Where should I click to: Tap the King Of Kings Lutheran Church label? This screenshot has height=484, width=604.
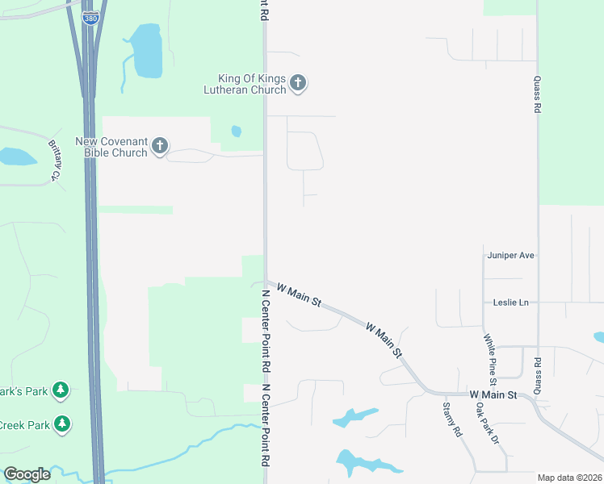click(x=251, y=84)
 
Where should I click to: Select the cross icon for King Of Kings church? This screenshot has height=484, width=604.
click(x=298, y=82)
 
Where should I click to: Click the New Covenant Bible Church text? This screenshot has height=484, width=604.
click(x=111, y=147)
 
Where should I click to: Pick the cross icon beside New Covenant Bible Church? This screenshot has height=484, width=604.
click(x=159, y=146)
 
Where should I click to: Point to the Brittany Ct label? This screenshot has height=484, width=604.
click(x=55, y=160)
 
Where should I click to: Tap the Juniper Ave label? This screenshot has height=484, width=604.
click(x=510, y=255)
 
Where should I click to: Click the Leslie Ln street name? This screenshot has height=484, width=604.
click(x=510, y=302)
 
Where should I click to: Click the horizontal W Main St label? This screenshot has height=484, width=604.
click(x=493, y=394)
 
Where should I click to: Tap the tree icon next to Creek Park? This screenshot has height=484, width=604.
click(x=61, y=423)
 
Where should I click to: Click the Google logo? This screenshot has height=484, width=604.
click(x=27, y=474)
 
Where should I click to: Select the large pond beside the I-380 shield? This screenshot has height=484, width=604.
click(x=145, y=52)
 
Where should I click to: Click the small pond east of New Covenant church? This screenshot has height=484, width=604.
click(x=236, y=131)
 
